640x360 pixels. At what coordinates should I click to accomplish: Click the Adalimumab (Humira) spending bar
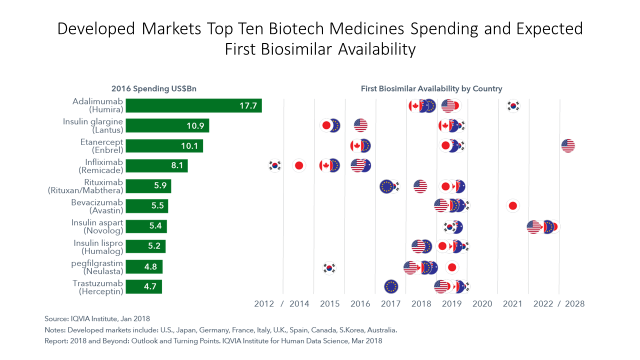coord(193,105)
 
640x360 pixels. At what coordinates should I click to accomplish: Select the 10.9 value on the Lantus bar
coord(195,126)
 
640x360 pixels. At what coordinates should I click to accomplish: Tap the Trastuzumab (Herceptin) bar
coord(143,287)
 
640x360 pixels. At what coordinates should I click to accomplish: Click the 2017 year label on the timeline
coord(390,304)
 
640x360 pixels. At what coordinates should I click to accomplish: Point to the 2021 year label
coord(512,304)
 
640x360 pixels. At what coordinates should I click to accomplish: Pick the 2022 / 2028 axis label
coord(559,304)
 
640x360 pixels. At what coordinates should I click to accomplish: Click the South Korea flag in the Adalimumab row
coord(513,105)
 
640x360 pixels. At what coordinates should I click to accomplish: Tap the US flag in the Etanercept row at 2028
coord(568,146)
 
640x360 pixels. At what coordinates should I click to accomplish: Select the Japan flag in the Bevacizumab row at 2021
coord(512,206)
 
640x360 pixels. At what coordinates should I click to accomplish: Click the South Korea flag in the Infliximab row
coord(274,165)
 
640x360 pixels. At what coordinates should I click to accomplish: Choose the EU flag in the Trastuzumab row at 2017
coord(391,286)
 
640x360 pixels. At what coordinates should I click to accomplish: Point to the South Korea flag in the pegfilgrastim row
coord(328,268)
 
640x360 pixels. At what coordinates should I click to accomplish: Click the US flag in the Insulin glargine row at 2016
coord(360,125)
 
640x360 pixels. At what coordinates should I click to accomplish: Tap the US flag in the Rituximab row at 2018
coord(420,186)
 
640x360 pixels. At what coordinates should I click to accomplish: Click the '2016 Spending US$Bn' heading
coord(154,89)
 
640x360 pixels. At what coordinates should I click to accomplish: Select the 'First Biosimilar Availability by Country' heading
coord(431,89)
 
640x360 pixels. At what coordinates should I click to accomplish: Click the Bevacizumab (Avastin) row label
coord(97,206)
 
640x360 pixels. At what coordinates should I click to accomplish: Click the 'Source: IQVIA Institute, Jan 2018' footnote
coord(97,318)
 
